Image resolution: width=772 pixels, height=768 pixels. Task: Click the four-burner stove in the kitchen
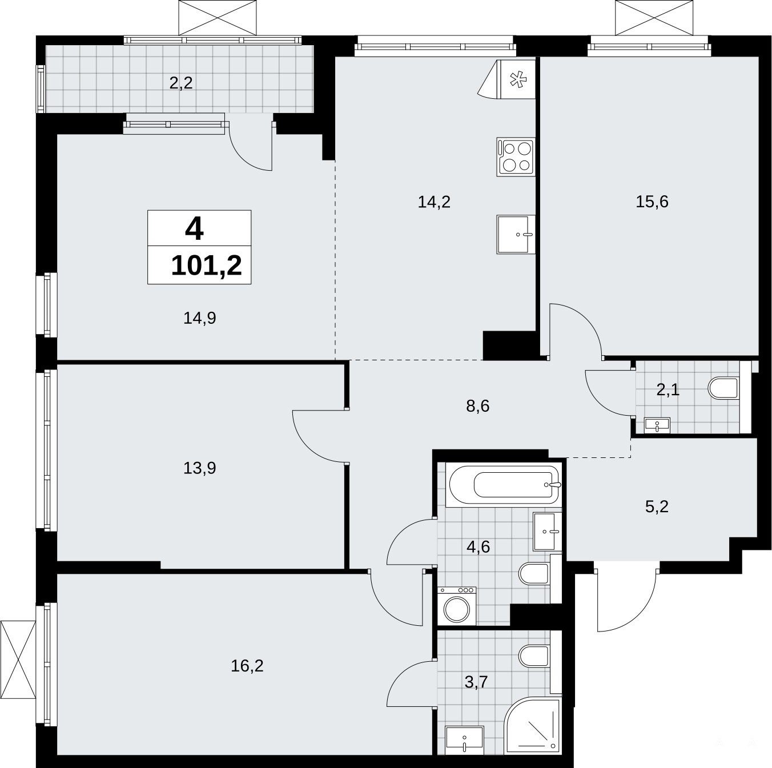[x=516, y=156]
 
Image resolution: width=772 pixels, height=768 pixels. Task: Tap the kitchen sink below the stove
[x=516, y=234]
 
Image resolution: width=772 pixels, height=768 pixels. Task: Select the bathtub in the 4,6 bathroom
[x=505, y=484]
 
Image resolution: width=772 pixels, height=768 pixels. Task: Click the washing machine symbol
[x=457, y=606]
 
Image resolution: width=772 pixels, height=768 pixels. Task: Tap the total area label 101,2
[x=206, y=266]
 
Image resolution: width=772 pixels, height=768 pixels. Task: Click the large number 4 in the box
[x=195, y=230]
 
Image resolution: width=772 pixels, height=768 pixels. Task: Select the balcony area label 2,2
[x=181, y=83]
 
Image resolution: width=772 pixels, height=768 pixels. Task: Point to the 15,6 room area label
[x=652, y=202]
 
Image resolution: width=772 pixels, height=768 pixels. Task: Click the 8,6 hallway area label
[x=478, y=406]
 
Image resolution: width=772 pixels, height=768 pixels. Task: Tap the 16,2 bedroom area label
[x=247, y=666]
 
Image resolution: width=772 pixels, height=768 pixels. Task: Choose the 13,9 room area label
[x=200, y=468]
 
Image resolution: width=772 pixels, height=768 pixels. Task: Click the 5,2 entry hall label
[x=657, y=507]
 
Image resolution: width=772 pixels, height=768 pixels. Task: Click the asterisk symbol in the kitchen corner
[x=517, y=80]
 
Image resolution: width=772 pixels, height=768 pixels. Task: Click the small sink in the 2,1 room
[x=657, y=425]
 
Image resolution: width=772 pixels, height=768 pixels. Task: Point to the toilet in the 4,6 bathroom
[x=534, y=574]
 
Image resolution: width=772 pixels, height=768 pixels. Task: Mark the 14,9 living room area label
[x=200, y=317]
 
